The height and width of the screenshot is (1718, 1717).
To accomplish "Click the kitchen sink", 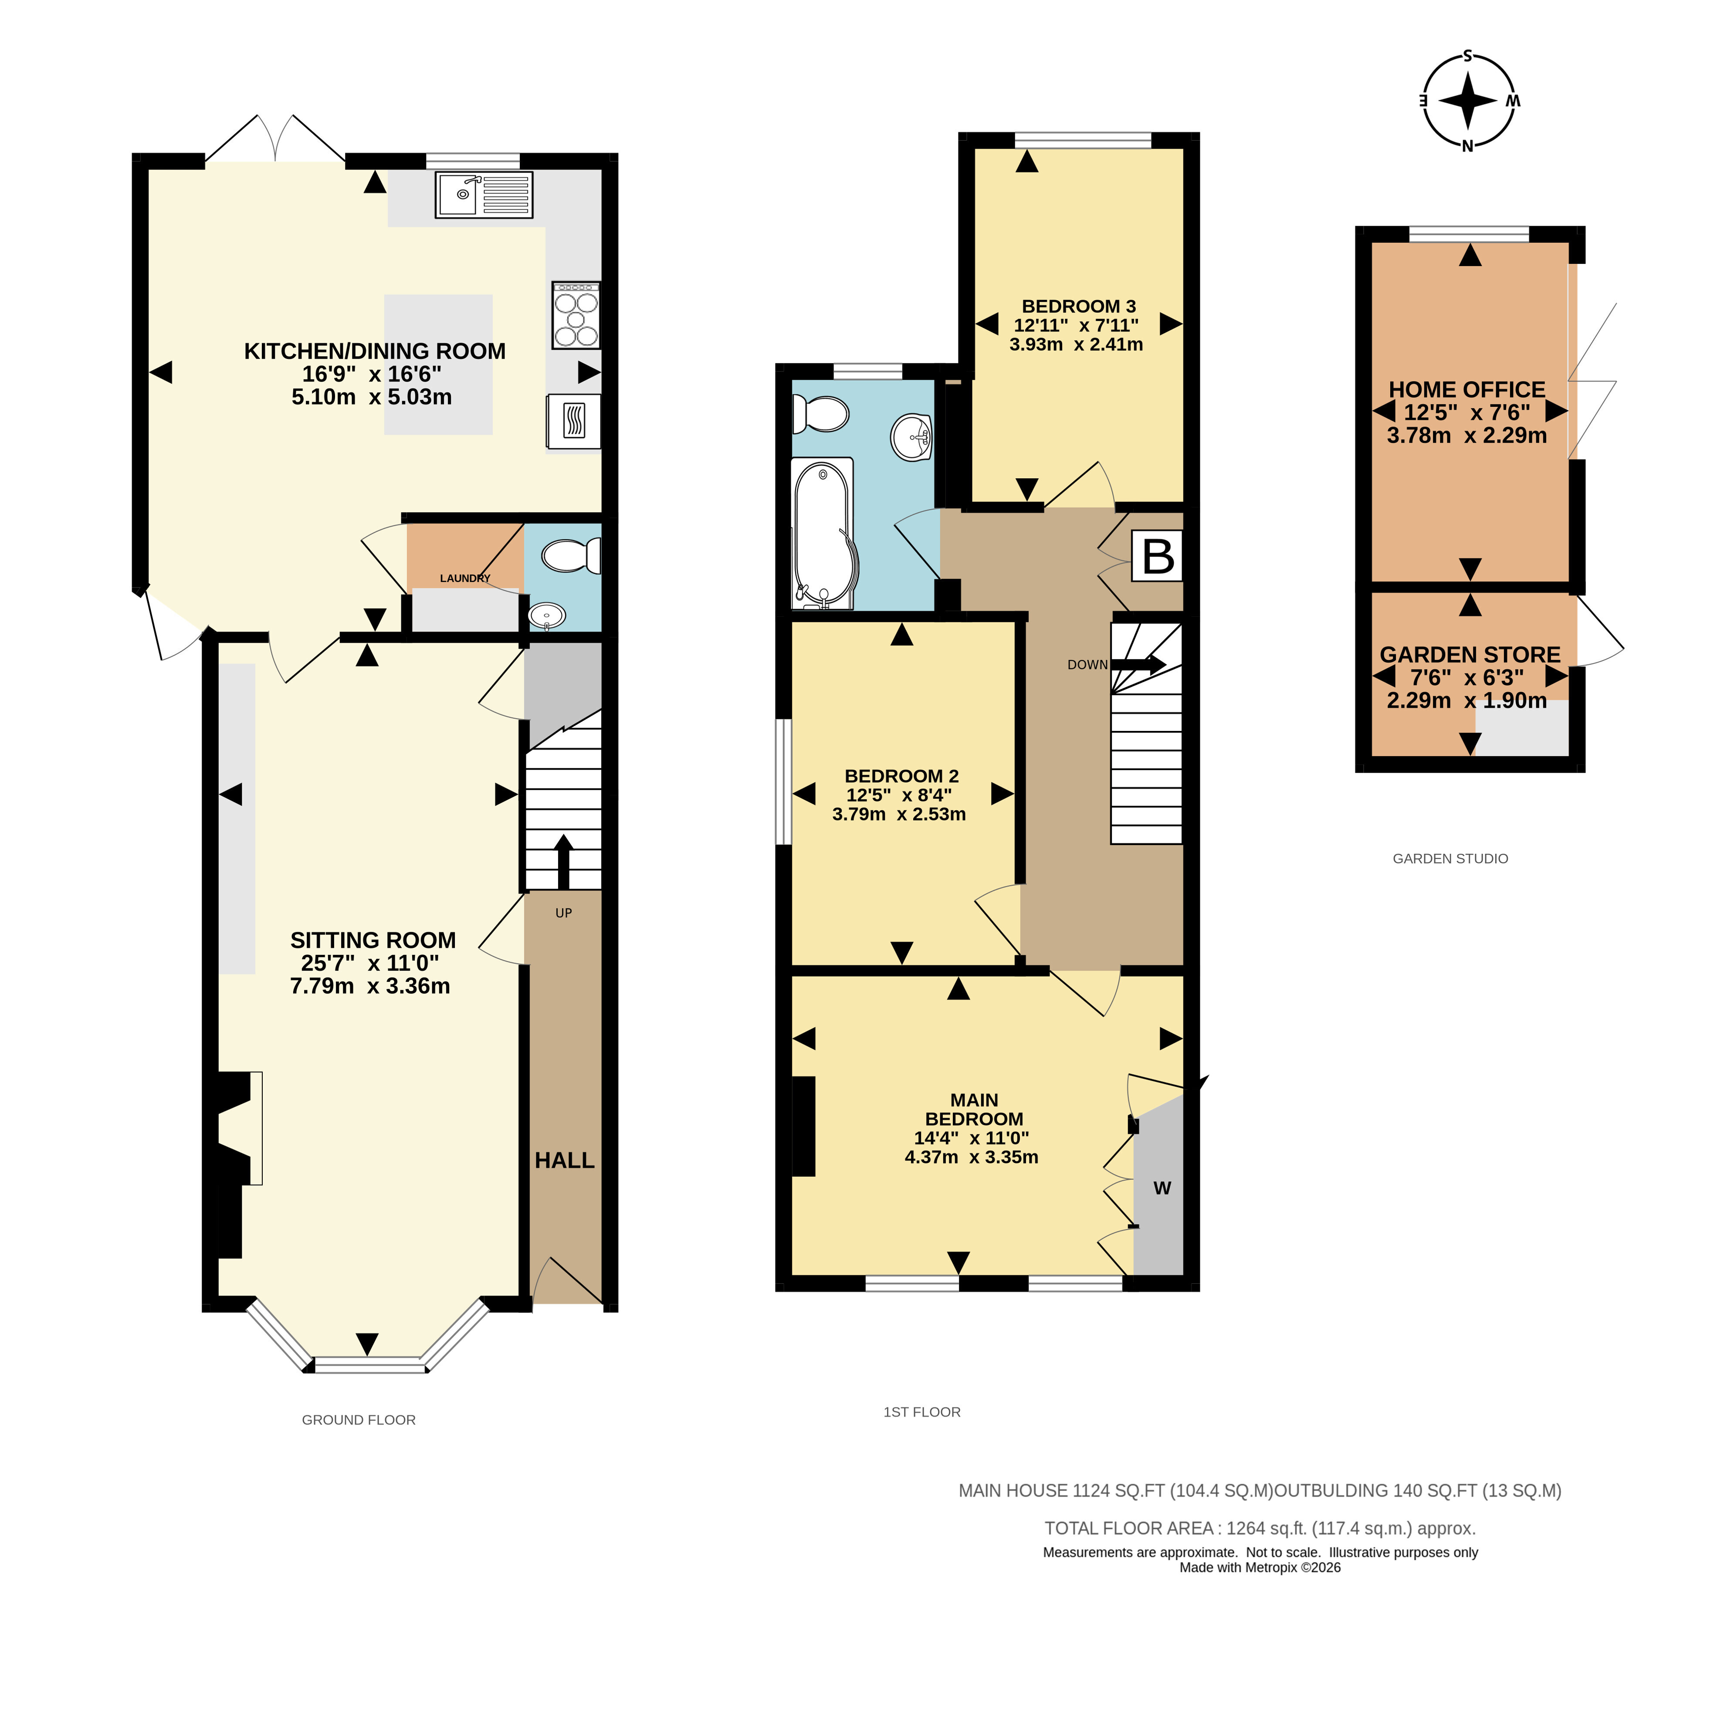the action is [484, 195].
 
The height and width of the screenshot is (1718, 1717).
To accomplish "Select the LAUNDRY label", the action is [465, 578].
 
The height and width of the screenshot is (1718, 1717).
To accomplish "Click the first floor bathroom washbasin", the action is [911, 436].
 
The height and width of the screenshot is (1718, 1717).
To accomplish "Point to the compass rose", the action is [1468, 101].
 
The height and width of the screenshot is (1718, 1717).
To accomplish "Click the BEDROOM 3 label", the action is [1079, 306].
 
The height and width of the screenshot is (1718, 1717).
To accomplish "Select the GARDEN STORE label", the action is [1470, 654].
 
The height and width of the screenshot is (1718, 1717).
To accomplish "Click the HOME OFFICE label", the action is [1467, 389].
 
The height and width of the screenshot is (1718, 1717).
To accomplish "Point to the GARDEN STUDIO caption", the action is [1450, 858].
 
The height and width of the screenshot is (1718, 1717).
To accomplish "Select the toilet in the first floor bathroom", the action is [821, 413].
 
